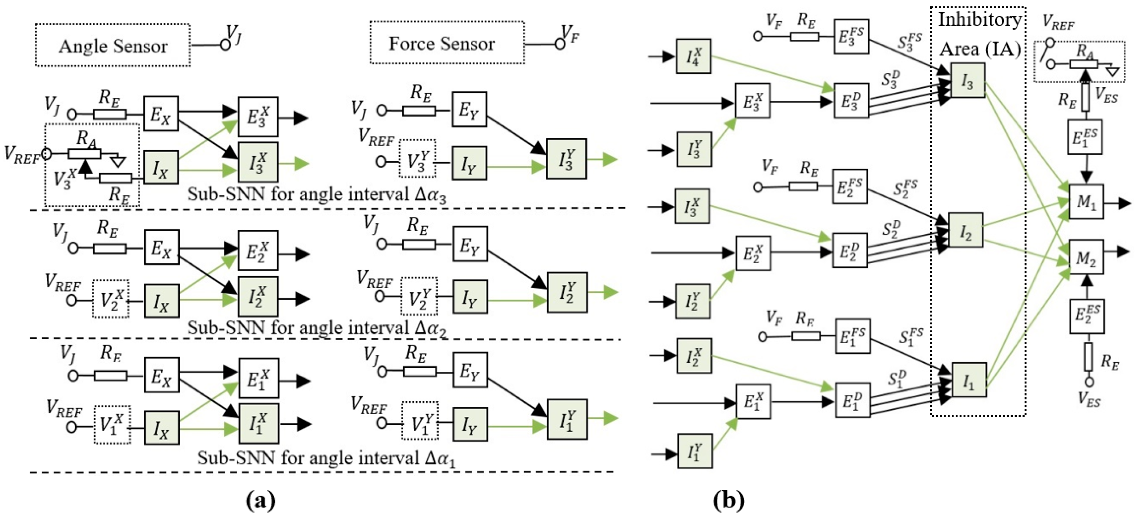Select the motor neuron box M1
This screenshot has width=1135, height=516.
(1086, 201)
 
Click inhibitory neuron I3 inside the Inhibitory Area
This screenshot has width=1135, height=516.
(967, 80)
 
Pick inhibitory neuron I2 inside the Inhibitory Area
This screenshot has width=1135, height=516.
(965, 230)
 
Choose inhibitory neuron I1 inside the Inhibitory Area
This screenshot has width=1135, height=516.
(968, 380)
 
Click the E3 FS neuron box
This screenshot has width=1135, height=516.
(851, 36)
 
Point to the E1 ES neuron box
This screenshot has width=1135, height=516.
(1085, 137)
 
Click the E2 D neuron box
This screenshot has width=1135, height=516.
(849, 251)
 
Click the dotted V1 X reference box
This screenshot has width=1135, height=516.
(112, 424)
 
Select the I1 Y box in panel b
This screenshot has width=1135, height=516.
(695, 451)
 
